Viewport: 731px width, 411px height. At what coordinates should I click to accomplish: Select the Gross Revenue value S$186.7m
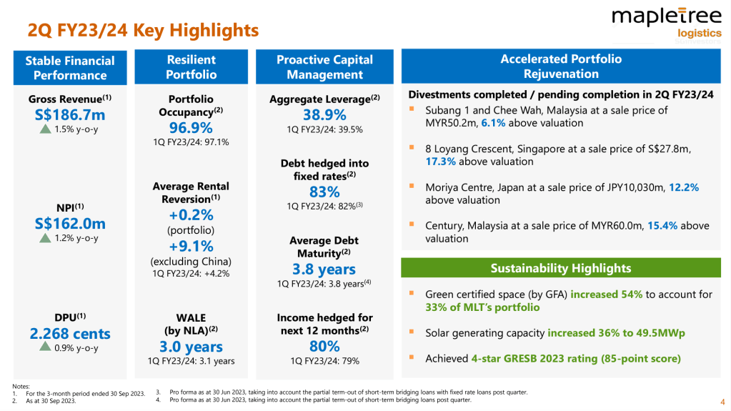coord(70,114)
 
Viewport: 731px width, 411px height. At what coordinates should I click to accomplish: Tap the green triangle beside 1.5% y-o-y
coord(45,129)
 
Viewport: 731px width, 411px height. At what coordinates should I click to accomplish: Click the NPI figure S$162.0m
coord(70,223)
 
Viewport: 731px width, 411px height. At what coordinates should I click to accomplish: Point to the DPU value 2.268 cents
coord(70,333)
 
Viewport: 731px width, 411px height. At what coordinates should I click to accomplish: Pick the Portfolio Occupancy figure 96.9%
coord(191,127)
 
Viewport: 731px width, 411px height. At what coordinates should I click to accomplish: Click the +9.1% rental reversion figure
coord(191,246)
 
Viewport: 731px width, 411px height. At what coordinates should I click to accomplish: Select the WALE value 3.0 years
coord(191,347)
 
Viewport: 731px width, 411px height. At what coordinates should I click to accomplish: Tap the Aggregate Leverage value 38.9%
coord(324,115)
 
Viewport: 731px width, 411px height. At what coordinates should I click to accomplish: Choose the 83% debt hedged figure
coord(324,192)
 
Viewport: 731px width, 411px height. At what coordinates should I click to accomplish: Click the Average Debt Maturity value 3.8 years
coord(324,269)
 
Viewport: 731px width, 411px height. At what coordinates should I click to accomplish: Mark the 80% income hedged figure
coord(324,346)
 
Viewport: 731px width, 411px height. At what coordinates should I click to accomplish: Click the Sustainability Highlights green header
coord(561,268)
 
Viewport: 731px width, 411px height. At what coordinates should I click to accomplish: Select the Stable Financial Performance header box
coord(70,68)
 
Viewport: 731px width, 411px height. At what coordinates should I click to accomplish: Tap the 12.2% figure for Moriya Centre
coord(683,187)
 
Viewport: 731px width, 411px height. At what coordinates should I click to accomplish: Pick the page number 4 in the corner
coord(722,400)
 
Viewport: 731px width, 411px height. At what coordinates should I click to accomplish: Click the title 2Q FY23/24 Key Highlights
coord(143,31)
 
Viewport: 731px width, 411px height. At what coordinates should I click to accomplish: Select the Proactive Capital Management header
coord(324,67)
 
